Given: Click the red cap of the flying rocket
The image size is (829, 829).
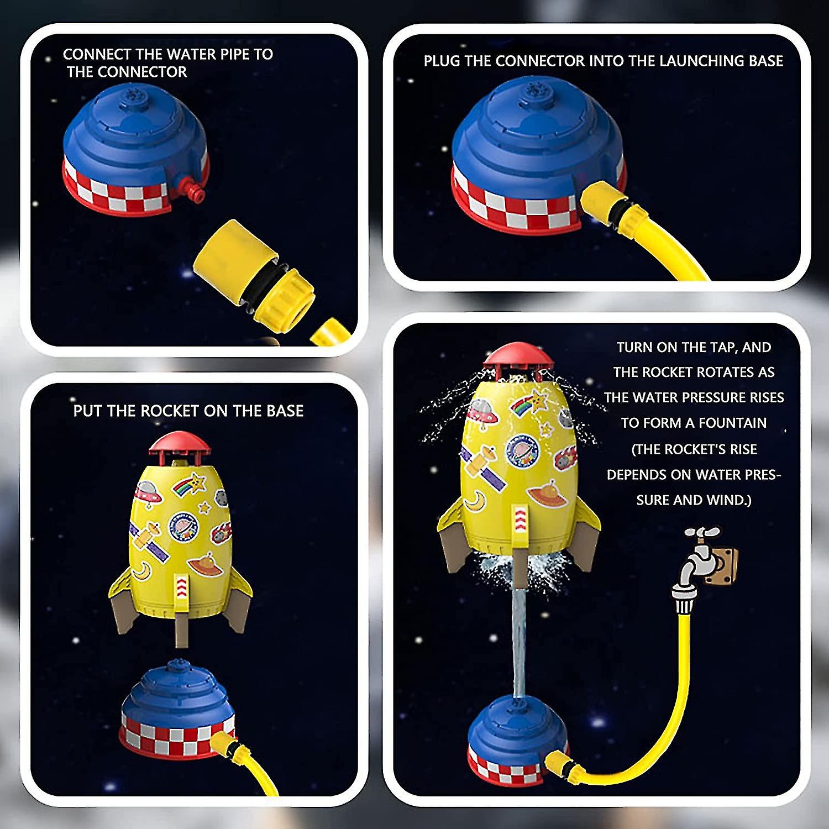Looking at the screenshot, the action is (x=518, y=357).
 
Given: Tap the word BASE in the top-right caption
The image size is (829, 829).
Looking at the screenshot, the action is (x=766, y=61).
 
